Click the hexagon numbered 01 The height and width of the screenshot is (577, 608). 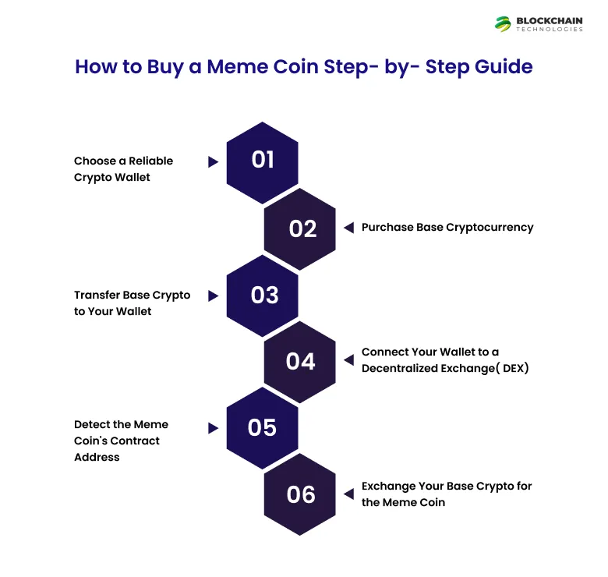pyautogui.click(x=263, y=161)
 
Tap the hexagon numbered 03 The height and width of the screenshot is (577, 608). pyautogui.click(x=263, y=296)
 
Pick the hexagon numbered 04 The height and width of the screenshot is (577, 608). pyautogui.click(x=300, y=362)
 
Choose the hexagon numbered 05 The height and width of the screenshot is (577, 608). pyautogui.click(x=263, y=428)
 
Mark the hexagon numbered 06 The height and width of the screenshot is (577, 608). pyautogui.click(x=300, y=495)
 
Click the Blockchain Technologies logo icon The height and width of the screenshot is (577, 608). pyautogui.click(x=504, y=24)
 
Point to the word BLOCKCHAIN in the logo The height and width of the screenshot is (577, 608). pyautogui.click(x=549, y=20)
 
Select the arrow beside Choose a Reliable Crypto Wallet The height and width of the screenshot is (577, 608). pyautogui.click(x=213, y=162)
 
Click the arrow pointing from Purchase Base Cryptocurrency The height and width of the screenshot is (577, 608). pyautogui.click(x=348, y=228)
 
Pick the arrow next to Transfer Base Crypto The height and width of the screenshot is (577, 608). pyautogui.click(x=213, y=296)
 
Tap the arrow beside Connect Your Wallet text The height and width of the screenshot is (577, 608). pyautogui.click(x=348, y=361)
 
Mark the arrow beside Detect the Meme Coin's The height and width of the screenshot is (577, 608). pyautogui.click(x=213, y=428)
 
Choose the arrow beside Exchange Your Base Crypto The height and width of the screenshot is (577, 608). pyautogui.click(x=348, y=494)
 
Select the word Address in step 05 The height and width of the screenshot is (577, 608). pyautogui.click(x=97, y=458)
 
